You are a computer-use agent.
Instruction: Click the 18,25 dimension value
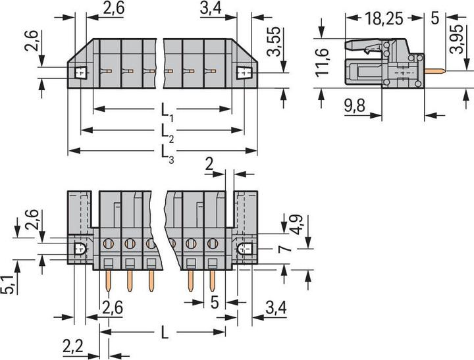coord(384,19)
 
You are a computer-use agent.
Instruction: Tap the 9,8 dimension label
coord(355,106)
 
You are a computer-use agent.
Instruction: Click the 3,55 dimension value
coord(274,41)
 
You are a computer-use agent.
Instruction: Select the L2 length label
coord(167,134)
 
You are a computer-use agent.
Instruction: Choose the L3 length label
coord(167,154)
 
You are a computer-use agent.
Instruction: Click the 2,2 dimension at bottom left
coord(73,346)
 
